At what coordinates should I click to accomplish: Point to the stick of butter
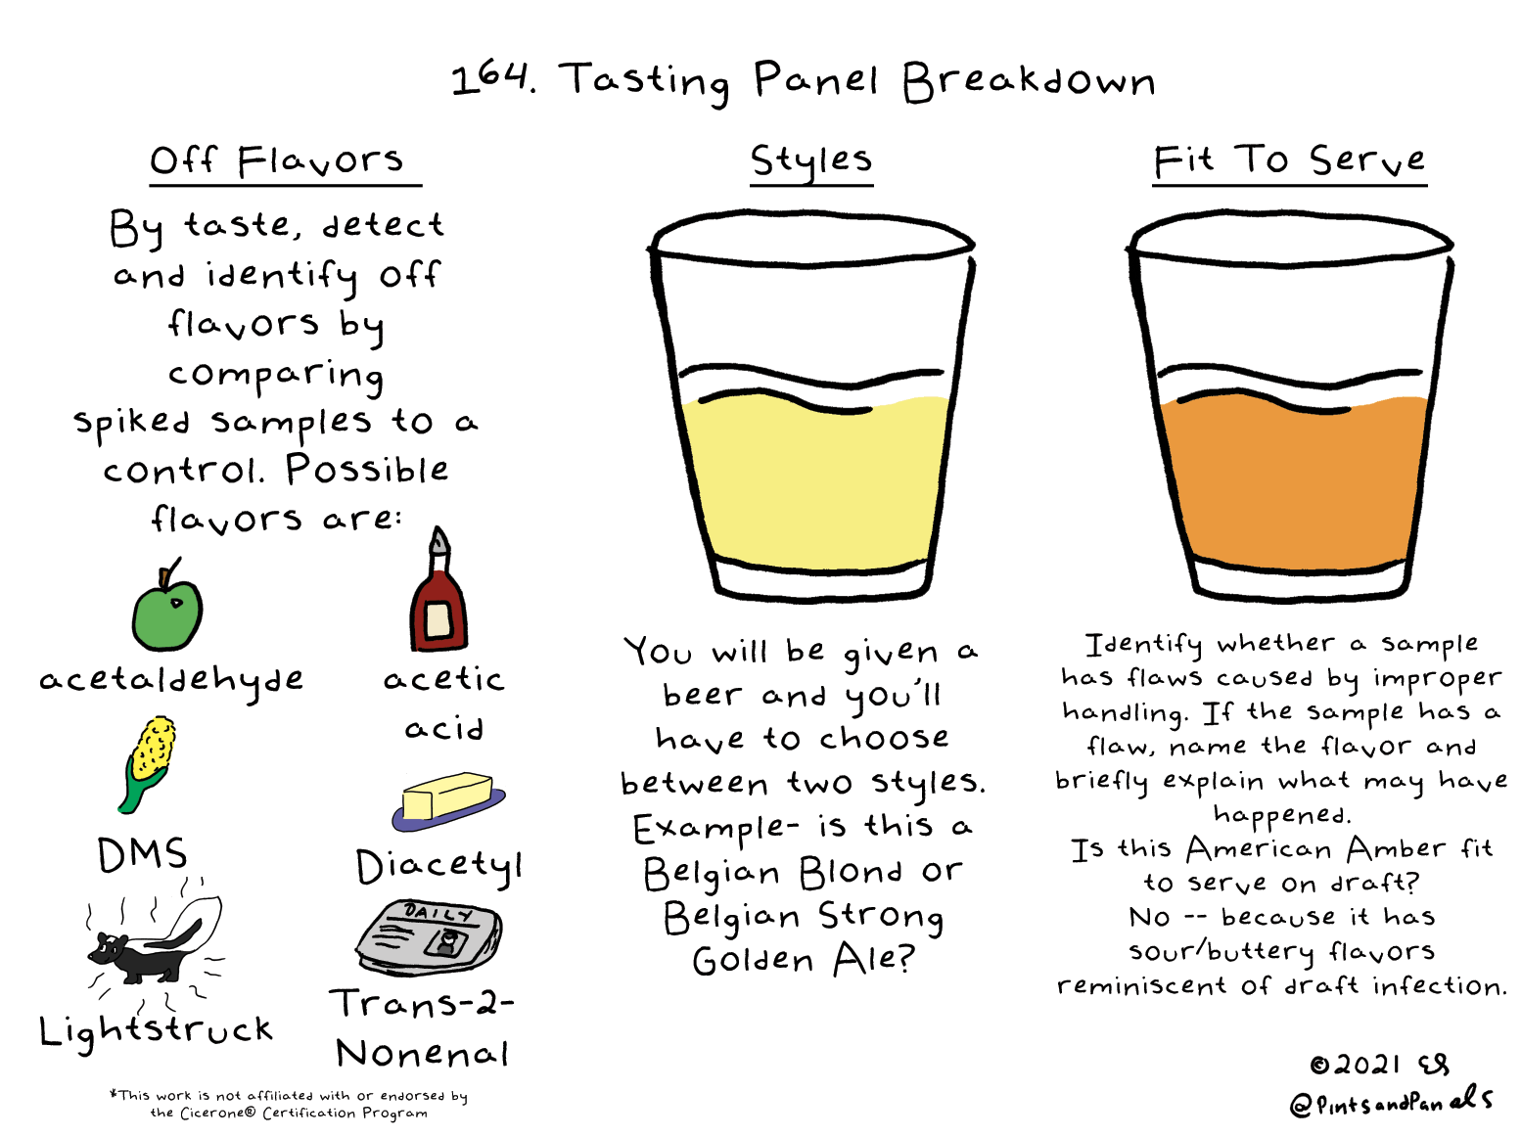pyautogui.click(x=448, y=799)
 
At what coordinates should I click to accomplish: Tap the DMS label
pyautogui.click(x=142, y=854)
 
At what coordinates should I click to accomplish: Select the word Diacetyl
pyautogui.click(x=439, y=867)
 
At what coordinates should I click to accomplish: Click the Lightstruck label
pyautogui.click(x=156, y=1030)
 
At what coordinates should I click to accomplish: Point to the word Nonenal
pyautogui.click(x=422, y=1053)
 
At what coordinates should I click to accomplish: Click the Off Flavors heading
pyautogui.click(x=277, y=160)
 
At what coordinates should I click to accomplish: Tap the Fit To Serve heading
pyautogui.click(x=1289, y=160)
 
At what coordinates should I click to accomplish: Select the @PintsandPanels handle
pyautogui.click(x=1392, y=1101)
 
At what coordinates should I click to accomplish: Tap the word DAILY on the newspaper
pyautogui.click(x=438, y=914)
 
